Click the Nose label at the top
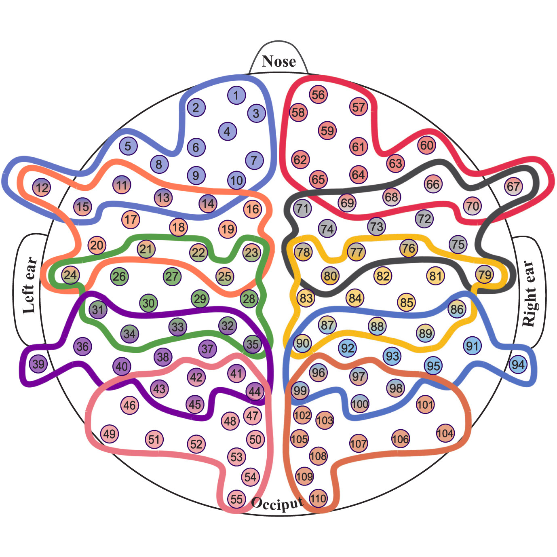tap(278, 61)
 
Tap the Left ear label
tap(29, 285)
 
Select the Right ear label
tap(530, 293)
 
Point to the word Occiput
tap(277, 503)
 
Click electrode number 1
tap(236, 95)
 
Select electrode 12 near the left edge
tap(42, 188)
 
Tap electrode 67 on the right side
tap(513, 186)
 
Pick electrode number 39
tap(38, 364)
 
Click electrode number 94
tap(518, 365)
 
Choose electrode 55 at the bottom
tap(236, 499)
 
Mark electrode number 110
tap(318, 498)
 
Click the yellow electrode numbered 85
tap(407, 302)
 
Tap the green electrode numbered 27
tap(172, 276)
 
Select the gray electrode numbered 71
tap(302, 209)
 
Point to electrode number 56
tap(318, 95)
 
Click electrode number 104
tap(445, 433)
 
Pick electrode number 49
tap(109, 434)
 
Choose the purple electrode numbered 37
tap(207, 348)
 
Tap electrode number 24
tap(70, 275)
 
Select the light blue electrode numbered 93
tap(392, 356)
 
